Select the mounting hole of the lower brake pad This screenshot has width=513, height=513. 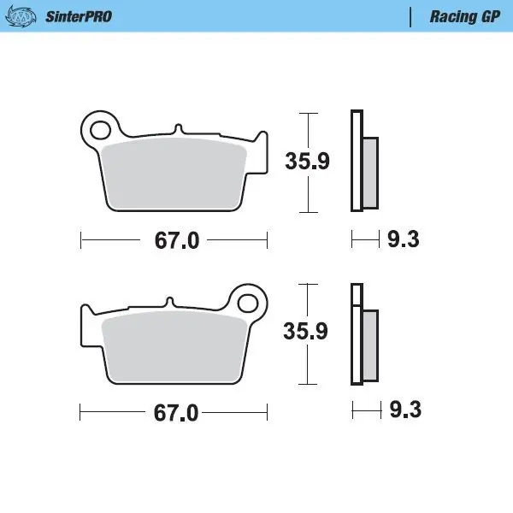tap(249, 302)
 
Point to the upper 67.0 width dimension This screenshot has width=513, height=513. tap(176, 241)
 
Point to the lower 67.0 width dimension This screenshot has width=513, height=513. tap(176, 413)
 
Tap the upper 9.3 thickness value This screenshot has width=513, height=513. tap(403, 240)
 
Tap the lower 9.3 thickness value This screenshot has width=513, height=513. tap(403, 412)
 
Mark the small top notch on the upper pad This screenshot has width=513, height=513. tap(178, 129)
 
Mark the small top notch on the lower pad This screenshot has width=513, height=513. tap(168, 301)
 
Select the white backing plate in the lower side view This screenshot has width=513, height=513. tap(357, 333)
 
